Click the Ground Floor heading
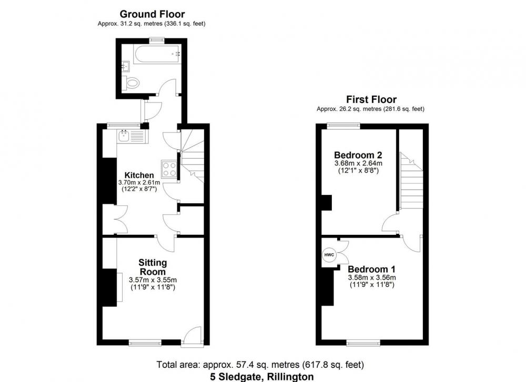tap(153, 14)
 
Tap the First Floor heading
tap(371, 99)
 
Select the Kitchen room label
tap(139, 175)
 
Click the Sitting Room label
tap(153, 267)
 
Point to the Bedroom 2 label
tap(358, 155)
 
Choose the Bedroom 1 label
tap(372, 270)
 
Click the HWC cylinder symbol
tap(329, 255)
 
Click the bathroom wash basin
tap(126, 66)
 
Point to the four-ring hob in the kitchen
tap(169, 169)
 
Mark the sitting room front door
tap(192, 337)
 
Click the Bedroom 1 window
tap(363, 343)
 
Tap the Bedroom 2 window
tap(344, 126)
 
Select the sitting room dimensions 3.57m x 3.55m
tap(153, 280)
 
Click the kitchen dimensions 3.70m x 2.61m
tap(139, 183)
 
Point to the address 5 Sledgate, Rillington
tap(262, 377)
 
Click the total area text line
tap(260, 365)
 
